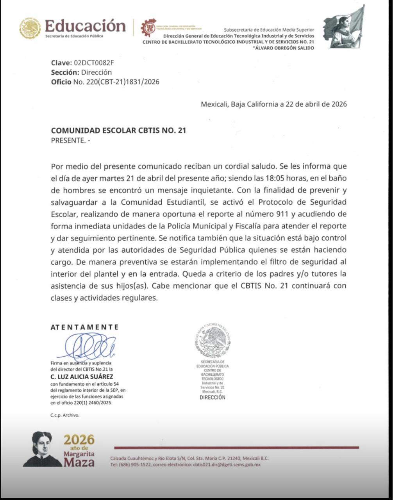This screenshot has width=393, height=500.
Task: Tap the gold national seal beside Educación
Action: pyautogui.click(x=30, y=29)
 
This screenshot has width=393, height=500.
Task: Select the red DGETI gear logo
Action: pyautogui.click(x=148, y=28)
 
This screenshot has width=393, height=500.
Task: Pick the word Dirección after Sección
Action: pyautogui.click(x=96, y=72)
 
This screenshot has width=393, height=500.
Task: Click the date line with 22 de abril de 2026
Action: pyautogui.click(x=273, y=104)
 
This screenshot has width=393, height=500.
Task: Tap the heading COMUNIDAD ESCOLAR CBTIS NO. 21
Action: pyautogui.click(x=118, y=131)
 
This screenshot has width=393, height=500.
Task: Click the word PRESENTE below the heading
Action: pyautogui.click(x=68, y=141)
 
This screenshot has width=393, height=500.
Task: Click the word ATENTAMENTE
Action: pyautogui.click(x=84, y=327)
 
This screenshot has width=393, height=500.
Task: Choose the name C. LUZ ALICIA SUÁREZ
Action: pyautogui.click(x=82, y=377)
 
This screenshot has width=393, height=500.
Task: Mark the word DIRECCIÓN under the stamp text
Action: pyautogui.click(x=213, y=397)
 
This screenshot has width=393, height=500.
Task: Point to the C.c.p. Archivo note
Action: pyautogui.click(x=64, y=415)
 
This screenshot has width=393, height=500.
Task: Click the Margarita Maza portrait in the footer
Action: pyautogui.click(x=42, y=449)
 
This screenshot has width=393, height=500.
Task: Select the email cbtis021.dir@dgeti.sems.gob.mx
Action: pyautogui.click(x=227, y=464)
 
